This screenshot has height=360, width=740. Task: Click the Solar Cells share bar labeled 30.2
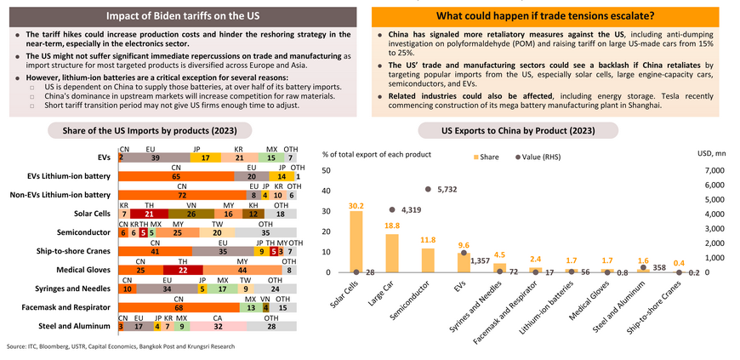tap(356, 242)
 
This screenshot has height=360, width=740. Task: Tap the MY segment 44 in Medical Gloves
tap(242, 270)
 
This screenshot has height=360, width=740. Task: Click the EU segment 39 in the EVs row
tap(155, 157)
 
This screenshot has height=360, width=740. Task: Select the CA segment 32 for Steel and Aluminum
tap(218, 326)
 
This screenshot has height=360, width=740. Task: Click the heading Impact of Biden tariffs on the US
tap(184, 16)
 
